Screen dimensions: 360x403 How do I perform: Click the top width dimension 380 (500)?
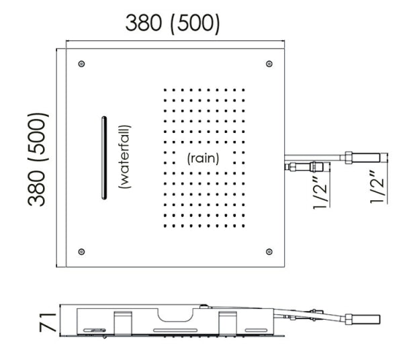[x=173, y=24]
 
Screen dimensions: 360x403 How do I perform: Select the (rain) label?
[x=203, y=159]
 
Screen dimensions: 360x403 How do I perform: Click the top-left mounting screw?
[x=81, y=64]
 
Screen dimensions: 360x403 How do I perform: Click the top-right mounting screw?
[x=269, y=64]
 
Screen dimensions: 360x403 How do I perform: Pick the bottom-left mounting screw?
[x=81, y=251]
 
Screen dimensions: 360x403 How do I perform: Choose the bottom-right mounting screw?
[x=269, y=251]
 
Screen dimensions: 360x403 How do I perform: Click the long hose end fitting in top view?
[x=368, y=159]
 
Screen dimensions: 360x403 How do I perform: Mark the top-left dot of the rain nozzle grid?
[x=165, y=90]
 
